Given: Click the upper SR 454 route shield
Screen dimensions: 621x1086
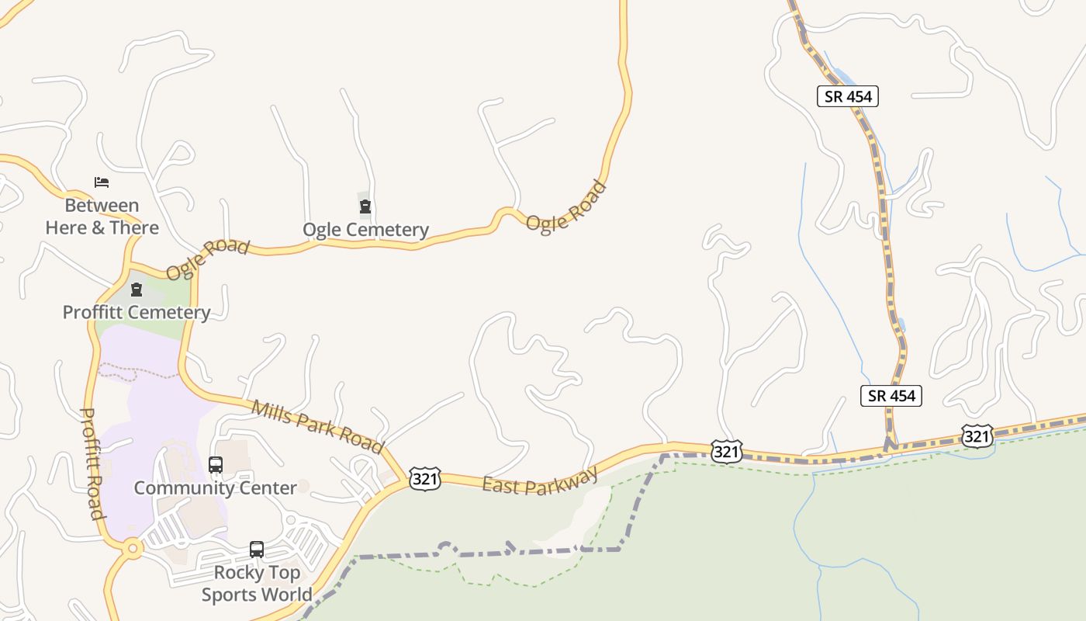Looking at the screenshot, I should coord(848,96).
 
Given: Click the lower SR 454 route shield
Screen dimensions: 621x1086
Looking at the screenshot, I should coord(891,395).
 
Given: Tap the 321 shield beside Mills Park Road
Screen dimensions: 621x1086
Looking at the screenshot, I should coord(425,479).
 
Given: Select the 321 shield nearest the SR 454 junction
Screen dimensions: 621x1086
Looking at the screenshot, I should coord(976,436).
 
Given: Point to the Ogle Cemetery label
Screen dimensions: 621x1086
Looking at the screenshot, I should coord(365,230).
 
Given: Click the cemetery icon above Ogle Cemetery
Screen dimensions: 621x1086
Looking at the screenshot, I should coord(365,206).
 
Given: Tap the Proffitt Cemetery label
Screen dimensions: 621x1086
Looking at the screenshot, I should coord(137,312).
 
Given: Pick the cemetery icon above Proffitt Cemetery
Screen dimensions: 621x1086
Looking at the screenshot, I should coord(137,290).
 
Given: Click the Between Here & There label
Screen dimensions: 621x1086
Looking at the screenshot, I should coord(102,217).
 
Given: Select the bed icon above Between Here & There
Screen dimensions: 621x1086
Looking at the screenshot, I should coord(102,182).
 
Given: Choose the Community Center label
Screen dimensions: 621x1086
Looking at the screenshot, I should coord(215,487).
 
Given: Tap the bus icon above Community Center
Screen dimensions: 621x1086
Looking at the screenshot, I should coord(216,465).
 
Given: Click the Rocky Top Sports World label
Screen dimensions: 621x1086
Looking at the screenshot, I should coord(257,583).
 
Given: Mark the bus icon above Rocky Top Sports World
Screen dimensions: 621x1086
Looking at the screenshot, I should coord(257,550).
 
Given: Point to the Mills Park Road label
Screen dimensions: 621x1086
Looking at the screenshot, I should coord(317,426).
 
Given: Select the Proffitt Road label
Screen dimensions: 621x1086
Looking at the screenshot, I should coord(92,463).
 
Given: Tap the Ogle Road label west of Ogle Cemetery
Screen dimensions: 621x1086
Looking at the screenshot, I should coord(207,259).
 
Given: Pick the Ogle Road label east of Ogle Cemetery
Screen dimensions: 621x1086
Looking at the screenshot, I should coord(565,206).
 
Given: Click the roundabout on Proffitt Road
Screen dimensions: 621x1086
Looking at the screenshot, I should coord(133,549).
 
